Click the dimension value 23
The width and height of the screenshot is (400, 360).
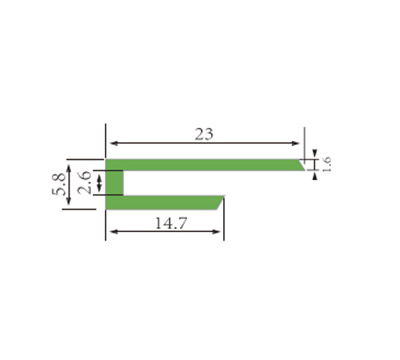tap(204, 134)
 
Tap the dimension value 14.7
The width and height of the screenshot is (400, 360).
tap(171, 223)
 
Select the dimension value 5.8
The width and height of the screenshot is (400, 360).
tap(58, 184)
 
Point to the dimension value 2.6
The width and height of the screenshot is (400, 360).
tap(84, 182)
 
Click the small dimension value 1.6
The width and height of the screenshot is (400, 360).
tap(326, 164)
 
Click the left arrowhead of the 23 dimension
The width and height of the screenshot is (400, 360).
tap(114, 143)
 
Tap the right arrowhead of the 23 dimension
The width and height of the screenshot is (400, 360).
tap(296, 143)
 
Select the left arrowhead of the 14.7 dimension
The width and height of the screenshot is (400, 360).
tap(114, 232)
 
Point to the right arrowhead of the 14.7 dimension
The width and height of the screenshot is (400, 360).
tap(216, 232)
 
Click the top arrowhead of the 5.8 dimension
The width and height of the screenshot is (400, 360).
tap(69, 169)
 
